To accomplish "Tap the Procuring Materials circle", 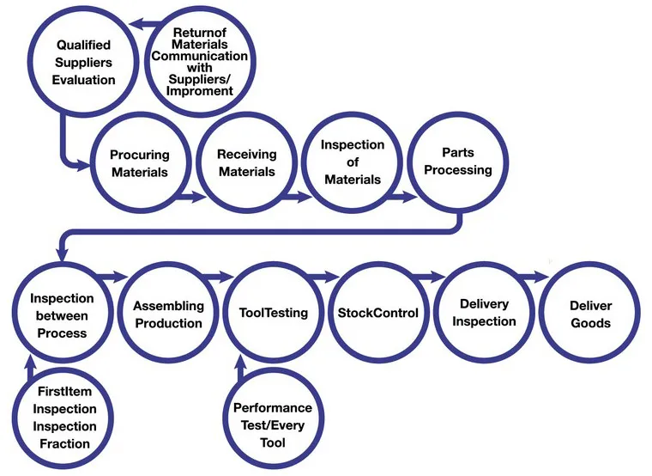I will pos(139,163).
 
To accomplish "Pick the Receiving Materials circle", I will pos(246,163).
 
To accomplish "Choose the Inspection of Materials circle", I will pos(352,162).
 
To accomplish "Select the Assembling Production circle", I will pos(168,314).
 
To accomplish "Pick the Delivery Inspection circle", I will pos(484,313).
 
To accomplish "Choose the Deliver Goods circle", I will pos(590,314).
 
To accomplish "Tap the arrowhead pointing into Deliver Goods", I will pos(540,277).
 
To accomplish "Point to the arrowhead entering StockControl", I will pos(331,277).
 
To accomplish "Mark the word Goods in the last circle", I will pos(590,323).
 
